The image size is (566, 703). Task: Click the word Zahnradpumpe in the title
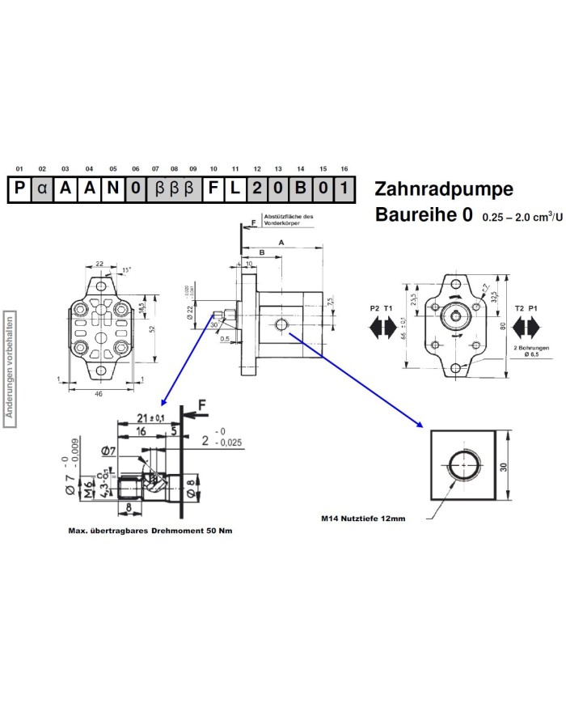click(x=444, y=189)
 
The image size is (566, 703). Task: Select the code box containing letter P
click(x=19, y=189)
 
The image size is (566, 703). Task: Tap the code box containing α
click(x=42, y=189)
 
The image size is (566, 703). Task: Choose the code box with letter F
click(x=213, y=189)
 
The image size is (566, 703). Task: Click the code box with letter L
click(x=234, y=189)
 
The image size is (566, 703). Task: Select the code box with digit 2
click(x=256, y=189)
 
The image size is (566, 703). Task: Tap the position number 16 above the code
click(x=344, y=168)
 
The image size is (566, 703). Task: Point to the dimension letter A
click(x=281, y=242)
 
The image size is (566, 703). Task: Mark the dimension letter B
click(x=260, y=252)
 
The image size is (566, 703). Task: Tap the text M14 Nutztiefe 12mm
click(x=363, y=519)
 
